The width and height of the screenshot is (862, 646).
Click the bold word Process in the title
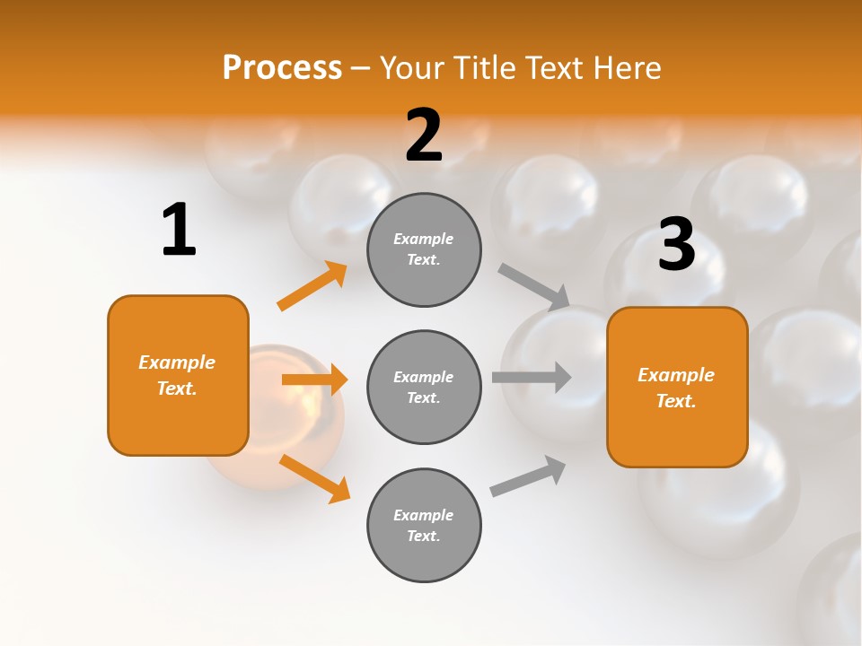point(282,67)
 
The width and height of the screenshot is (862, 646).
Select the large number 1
point(179,230)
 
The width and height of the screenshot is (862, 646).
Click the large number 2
point(424,135)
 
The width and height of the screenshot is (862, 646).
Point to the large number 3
point(676,244)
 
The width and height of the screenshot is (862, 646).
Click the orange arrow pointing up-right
point(312,286)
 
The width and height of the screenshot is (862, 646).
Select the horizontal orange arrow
point(314,380)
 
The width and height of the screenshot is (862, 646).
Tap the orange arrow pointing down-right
point(314,478)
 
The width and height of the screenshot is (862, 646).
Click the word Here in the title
point(627,67)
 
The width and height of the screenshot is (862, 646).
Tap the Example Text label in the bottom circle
point(424,526)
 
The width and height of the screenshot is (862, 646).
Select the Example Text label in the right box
point(676,388)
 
